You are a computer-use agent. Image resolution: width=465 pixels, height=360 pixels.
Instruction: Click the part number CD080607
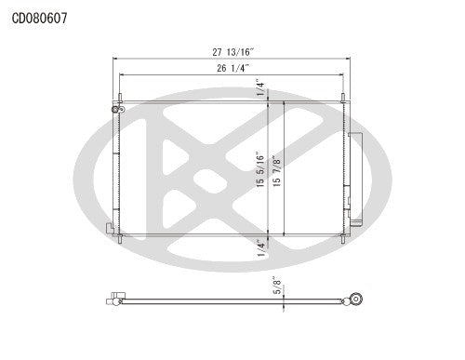39,17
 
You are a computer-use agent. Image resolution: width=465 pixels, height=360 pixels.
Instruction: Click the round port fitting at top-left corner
117,108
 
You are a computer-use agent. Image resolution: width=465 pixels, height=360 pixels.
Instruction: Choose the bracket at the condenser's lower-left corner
111,227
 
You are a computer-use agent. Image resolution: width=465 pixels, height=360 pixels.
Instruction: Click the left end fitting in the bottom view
114,299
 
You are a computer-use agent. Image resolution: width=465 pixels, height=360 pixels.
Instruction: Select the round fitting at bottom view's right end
354,300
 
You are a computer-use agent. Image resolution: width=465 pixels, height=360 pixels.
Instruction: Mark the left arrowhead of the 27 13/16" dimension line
116,61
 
